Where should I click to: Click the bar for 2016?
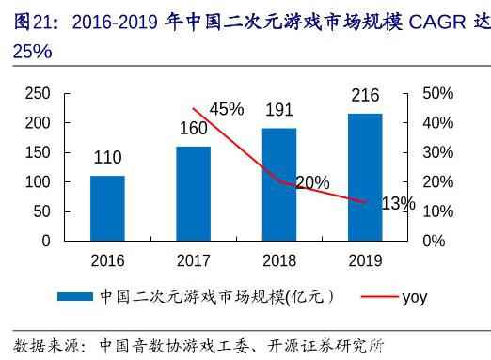click(108, 208)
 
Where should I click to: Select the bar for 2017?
click(193, 194)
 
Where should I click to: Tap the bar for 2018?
click(278, 184)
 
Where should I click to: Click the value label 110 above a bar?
click(108, 158)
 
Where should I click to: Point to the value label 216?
click(365, 96)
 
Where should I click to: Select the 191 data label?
click(278, 110)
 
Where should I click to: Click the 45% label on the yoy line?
click(227, 109)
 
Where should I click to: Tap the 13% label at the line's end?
click(398, 203)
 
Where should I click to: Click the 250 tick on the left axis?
click(38, 93)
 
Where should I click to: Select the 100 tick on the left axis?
click(38, 181)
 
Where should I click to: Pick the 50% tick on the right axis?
click(439, 93)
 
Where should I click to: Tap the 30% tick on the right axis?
click(439, 152)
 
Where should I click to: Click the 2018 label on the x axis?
click(278, 260)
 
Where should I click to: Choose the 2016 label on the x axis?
click(108, 260)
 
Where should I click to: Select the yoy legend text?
click(414, 297)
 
